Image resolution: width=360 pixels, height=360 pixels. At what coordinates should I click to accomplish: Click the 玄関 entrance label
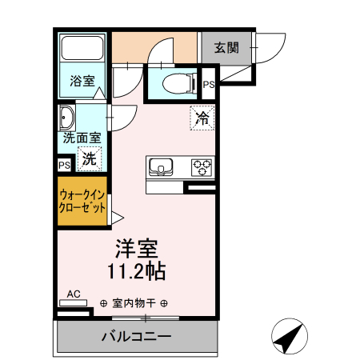226,47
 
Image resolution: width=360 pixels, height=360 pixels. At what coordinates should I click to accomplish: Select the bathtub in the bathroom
83,54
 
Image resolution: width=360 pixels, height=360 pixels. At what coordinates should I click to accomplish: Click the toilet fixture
175,82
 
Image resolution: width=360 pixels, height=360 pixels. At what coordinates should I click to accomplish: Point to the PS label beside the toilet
208,84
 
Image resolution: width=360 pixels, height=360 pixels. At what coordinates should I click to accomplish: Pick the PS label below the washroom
64,165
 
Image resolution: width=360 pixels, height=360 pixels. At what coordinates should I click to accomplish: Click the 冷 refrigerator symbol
202,119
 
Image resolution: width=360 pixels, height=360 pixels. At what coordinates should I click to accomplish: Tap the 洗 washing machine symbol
90,158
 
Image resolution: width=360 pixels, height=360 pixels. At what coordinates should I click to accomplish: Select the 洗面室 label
82,137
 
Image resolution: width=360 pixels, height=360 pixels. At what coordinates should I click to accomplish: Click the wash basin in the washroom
66,118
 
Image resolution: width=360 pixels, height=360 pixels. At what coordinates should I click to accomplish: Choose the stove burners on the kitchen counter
202,167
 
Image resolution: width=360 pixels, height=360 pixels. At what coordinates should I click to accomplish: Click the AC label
74,294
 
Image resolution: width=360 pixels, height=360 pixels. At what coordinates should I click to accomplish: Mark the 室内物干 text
134,304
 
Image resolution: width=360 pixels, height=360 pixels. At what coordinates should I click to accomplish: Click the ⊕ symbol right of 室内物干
164,304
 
